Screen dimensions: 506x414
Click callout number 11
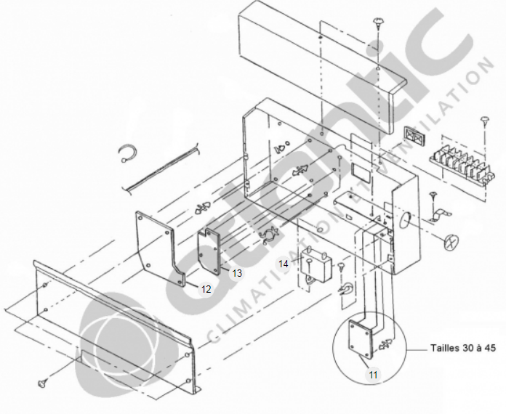(373, 375)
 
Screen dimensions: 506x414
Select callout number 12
(206, 289)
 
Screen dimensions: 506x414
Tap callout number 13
(237, 273)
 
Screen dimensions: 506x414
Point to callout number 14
(284, 264)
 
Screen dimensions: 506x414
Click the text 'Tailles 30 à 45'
(463, 348)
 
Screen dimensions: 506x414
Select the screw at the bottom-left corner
(42, 383)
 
